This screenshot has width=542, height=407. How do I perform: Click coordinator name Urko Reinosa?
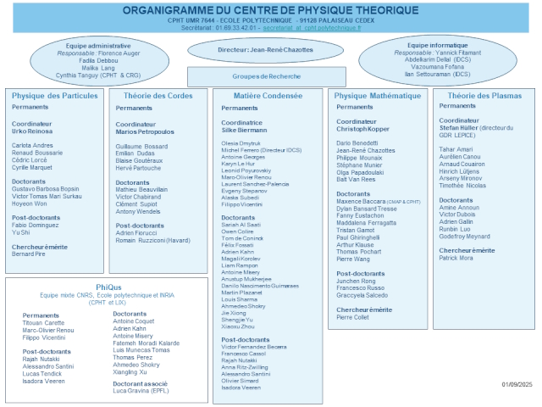coord(32,131)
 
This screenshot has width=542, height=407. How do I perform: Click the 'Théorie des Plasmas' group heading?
coord(483,96)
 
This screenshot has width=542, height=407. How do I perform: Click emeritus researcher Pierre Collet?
coord(353,318)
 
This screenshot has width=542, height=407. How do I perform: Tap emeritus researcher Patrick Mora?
coord(456,259)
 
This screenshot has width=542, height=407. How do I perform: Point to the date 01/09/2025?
coord(517,384)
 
